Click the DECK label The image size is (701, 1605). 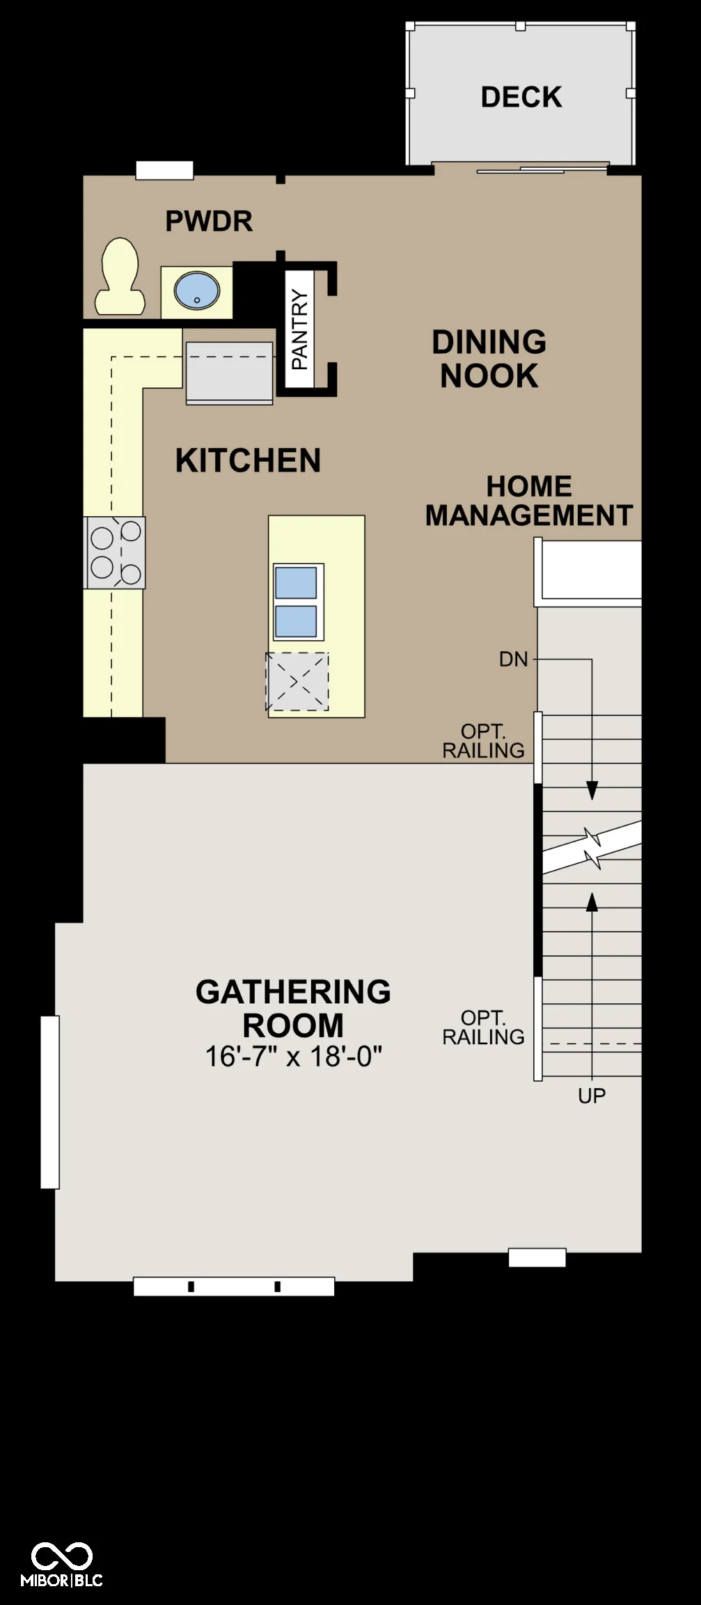[521, 97]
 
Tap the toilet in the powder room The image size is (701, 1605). [120, 277]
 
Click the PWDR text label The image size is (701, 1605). [209, 221]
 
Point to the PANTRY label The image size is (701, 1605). [299, 329]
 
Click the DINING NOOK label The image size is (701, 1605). [489, 359]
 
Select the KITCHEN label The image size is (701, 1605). [248, 460]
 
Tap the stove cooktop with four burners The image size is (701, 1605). [115, 552]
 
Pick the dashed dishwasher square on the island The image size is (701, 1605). [297, 681]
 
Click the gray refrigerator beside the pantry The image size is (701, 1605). [229, 373]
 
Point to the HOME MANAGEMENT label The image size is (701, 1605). [529, 501]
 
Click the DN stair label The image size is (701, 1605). [514, 659]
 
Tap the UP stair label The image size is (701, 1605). [592, 1096]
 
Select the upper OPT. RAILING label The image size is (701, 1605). [483, 741]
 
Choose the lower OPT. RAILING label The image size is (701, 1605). [483, 1028]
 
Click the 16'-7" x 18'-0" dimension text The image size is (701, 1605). [293, 1057]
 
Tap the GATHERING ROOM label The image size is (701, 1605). [293, 1008]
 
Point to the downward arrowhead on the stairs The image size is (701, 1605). [592, 791]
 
